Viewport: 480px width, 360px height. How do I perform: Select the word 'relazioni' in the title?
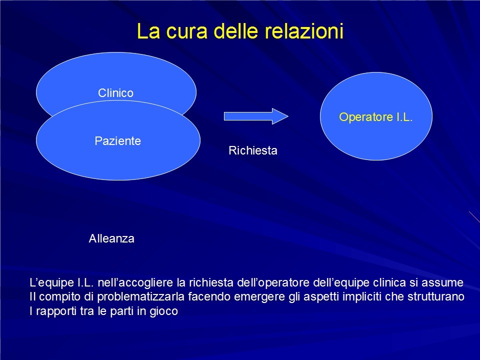click(x=303, y=31)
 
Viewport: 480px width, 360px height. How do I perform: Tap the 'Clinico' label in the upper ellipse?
click(x=115, y=93)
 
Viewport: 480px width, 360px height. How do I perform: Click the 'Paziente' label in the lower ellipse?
click(x=118, y=141)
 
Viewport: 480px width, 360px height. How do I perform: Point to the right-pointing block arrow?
click(x=256, y=116)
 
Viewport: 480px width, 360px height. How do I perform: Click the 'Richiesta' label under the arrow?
click(x=253, y=150)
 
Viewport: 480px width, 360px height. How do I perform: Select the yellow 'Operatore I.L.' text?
click(x=376, y=117)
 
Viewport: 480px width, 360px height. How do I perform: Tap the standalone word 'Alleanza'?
click(x=111, y=238)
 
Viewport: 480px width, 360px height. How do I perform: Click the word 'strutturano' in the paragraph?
click(x=436, y=296)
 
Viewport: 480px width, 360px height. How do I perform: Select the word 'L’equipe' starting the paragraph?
click(x=51, y=282)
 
